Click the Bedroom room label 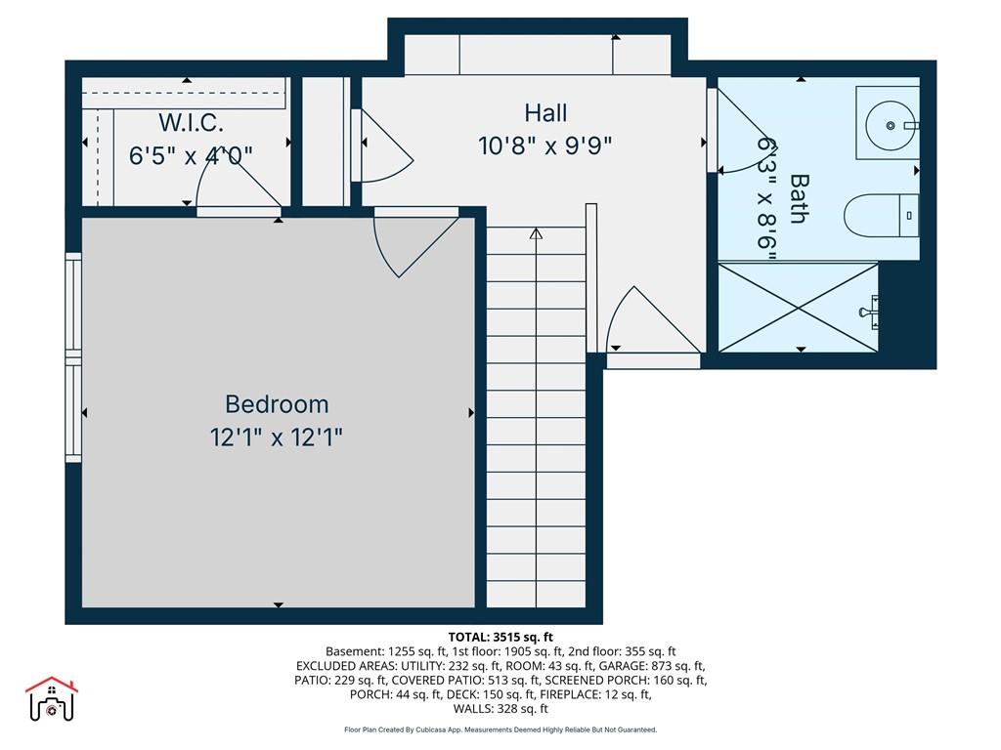click(x=277, y=404)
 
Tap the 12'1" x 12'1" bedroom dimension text click(x=277, y=437)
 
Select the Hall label click(x=545, y=113)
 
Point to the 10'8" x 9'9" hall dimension click(x=545, y=146)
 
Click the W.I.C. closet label click(x=191, y=122)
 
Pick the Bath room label click(x=798, y=198)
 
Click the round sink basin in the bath click(x=890, y=126)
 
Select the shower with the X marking click(x=799, y=308)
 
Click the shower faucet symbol click(x=869, y=312)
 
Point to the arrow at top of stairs click(x=537, y=234)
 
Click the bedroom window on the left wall click(x=74, y=357)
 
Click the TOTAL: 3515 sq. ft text click(x=500, y=637)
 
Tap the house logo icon click(x=52, y=699)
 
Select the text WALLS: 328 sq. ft click(x=500, y=709)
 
